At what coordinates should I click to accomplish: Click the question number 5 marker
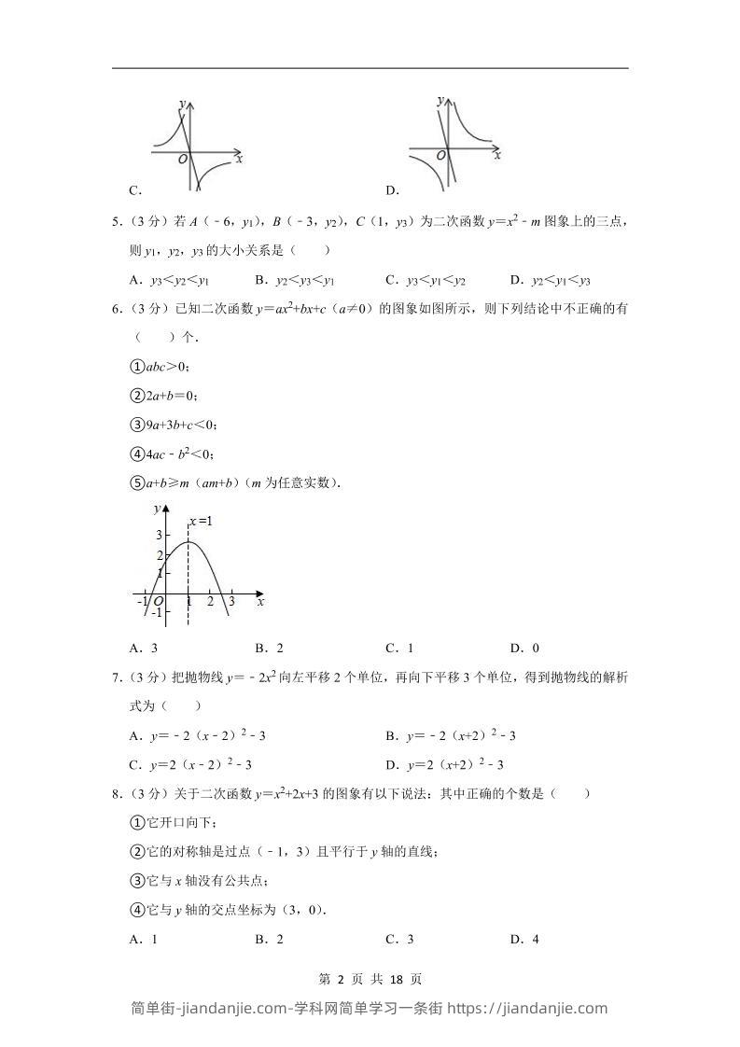[x=116, y=222]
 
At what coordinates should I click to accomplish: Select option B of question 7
[x=451, y=735]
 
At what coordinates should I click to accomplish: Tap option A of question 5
[x=169, y=280]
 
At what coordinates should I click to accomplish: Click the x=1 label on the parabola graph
[x=202, y=521]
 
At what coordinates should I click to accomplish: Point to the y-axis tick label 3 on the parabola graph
[x=159, y=535]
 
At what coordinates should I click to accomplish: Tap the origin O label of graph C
[x=182, y=160]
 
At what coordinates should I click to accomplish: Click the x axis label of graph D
[x=497, y=155]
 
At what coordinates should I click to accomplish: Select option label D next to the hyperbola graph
[x=392, y=190]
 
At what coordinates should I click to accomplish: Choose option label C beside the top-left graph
[x=135, y=190]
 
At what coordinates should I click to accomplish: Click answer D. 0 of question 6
[x=524, y=649]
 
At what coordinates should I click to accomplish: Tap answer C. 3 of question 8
[x=399, y=940]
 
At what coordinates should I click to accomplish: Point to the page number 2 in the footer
[x=341, y=979]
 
